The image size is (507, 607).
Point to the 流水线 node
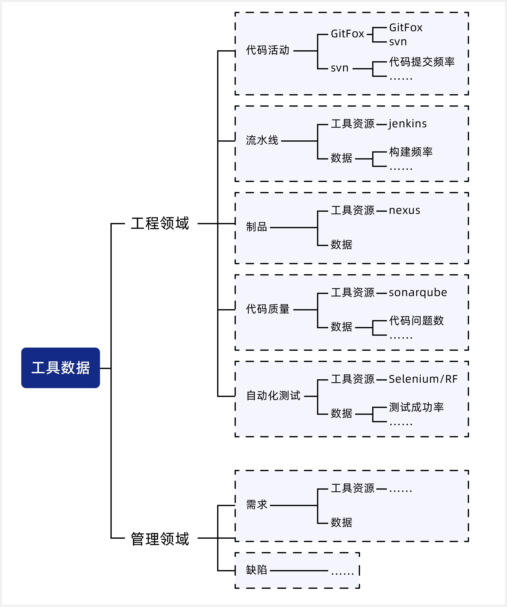[x=262, y=140]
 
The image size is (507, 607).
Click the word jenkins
[x=407, y=124]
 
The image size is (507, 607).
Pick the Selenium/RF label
[x=423, y=379]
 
